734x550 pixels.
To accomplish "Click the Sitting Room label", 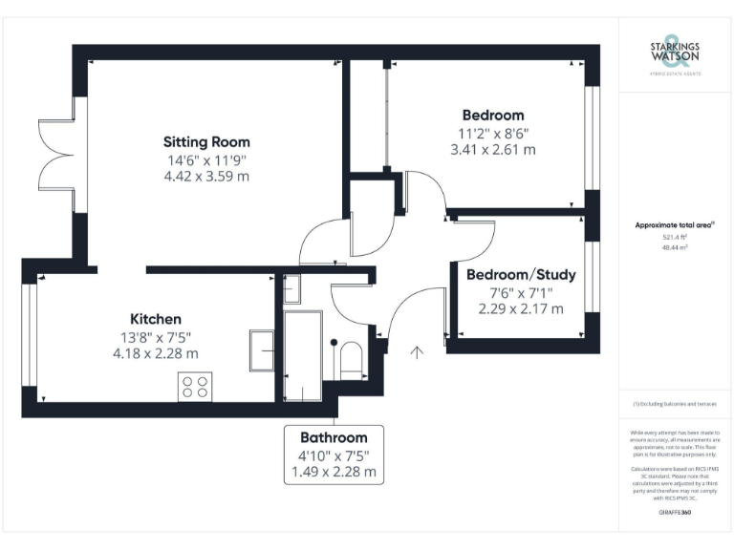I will click(206, 141).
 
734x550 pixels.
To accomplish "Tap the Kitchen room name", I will click(155, 318).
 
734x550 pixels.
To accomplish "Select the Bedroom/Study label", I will click(521, 275).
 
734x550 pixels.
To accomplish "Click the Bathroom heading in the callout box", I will click(335, 437).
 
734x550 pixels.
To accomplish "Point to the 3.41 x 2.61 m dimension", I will click(492, 150).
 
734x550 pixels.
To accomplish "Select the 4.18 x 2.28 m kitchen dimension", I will click(155, 352).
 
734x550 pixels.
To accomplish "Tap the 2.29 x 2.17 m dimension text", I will click(521, 308).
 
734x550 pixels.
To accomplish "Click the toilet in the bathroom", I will click(350, 359).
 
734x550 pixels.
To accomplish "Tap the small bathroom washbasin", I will click(292, 287).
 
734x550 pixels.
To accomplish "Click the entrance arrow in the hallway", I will click(416, 354).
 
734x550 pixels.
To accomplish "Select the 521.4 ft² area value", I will click(675, 237).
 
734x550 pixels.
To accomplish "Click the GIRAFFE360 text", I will click(675, 513).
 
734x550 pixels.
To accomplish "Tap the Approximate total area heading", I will click(675, 224).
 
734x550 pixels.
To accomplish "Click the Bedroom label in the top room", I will click(492, 116).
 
